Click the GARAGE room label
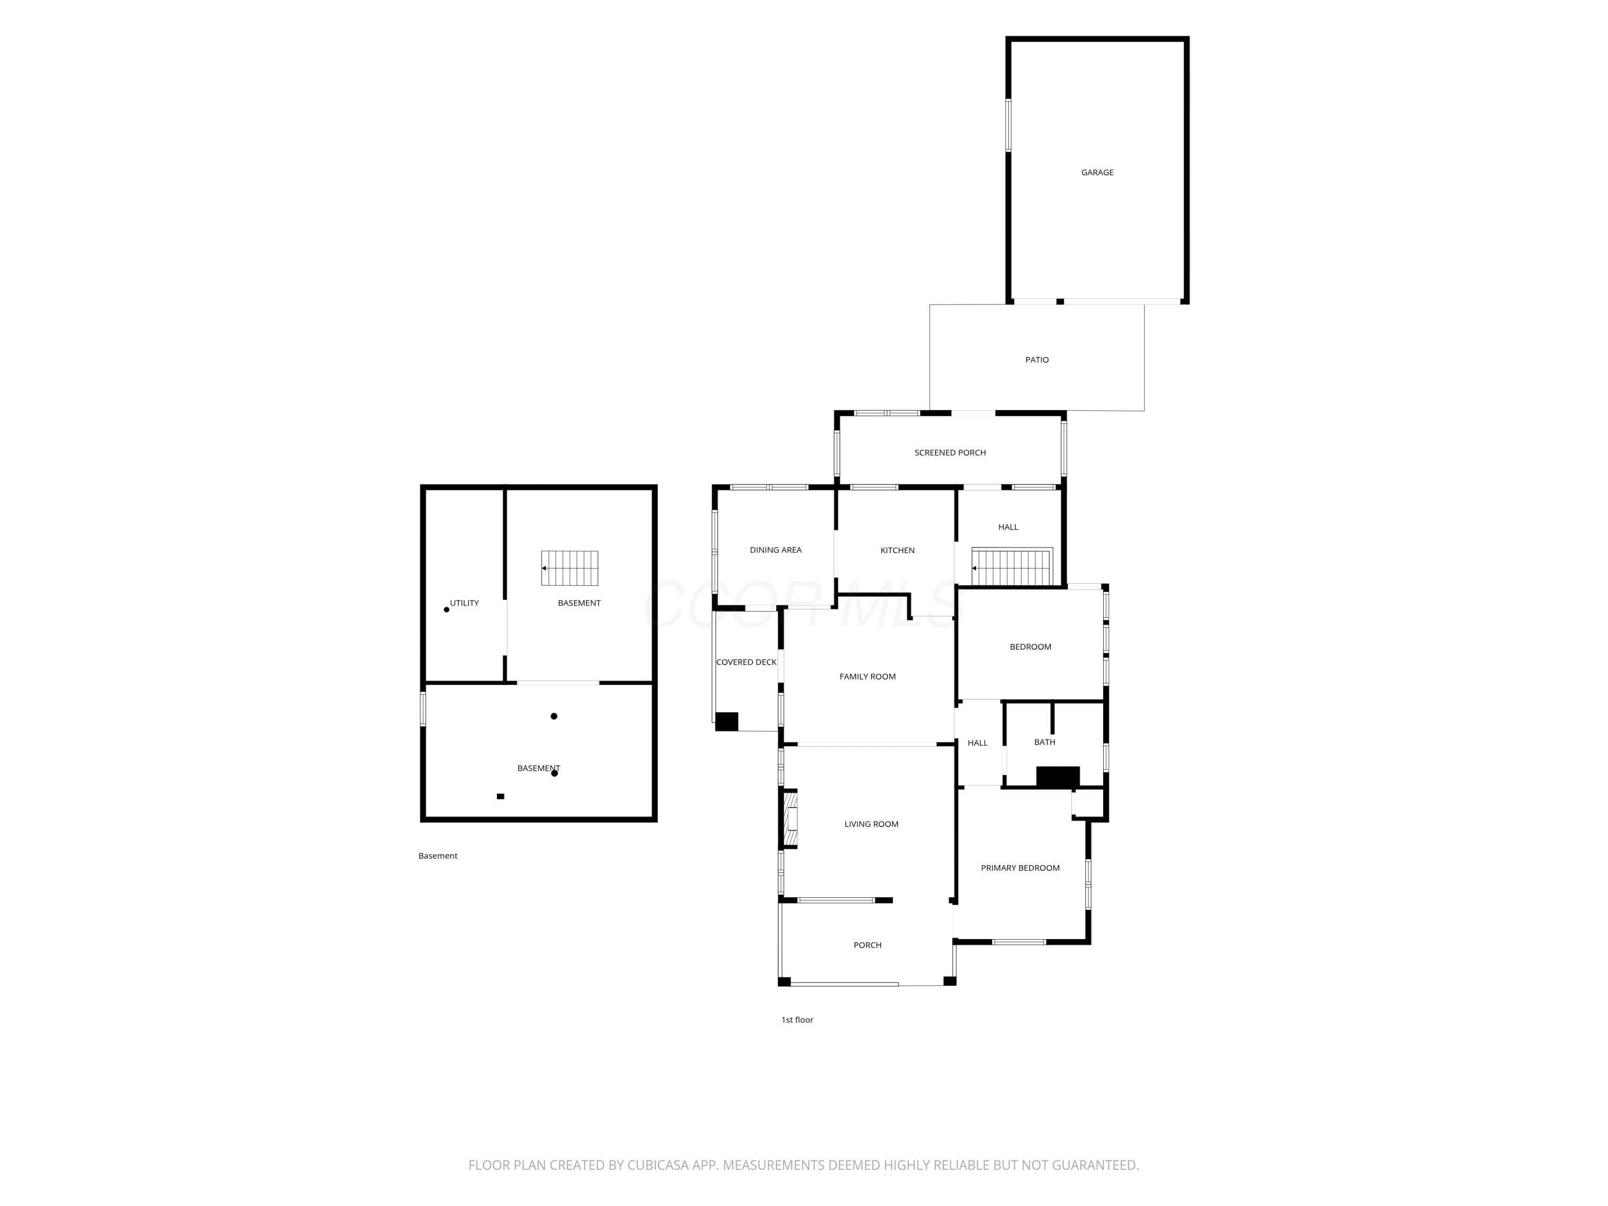click(1097, 172)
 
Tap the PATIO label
click(1037, 360)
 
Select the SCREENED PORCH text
click(950, 453)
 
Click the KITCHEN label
click(897, 550)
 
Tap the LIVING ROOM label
click(871, 824)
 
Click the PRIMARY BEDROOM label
click(1020, 868)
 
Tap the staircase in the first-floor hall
click(1013, 567)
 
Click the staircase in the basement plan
click(569, 568)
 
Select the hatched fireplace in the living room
click(790, 819)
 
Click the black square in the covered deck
click(726, 721)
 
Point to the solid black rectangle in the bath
click(1058, 776)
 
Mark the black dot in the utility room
click(446, 610)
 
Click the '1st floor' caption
click(796, 1020)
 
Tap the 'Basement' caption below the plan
click(437, 855)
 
